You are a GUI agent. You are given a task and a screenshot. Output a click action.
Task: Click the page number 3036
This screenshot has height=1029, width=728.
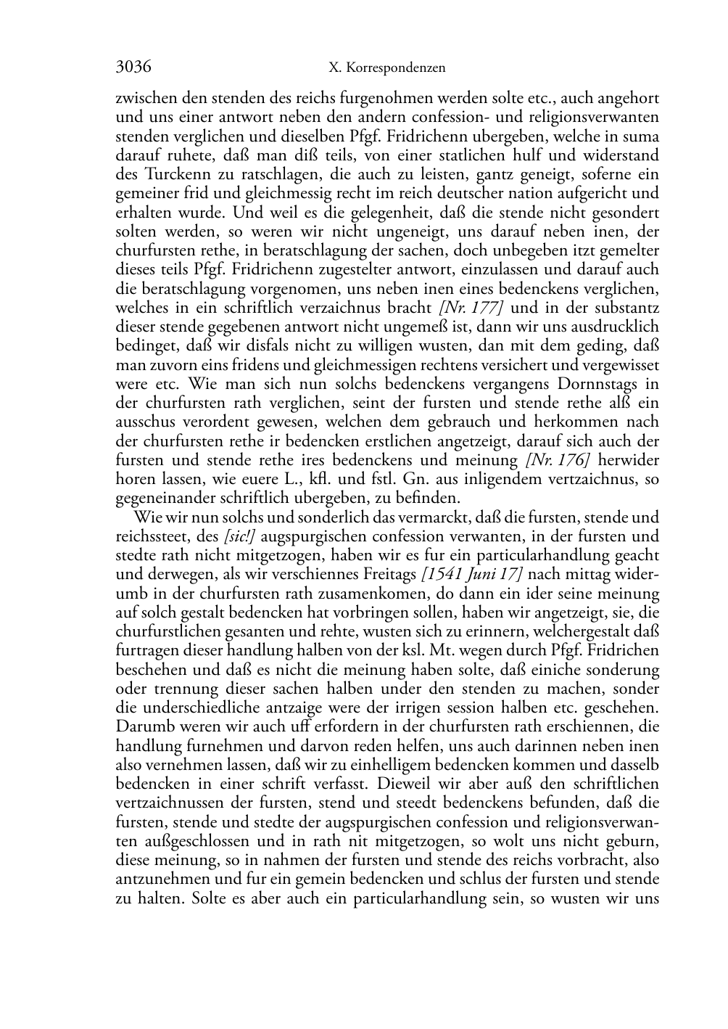pos(133,67)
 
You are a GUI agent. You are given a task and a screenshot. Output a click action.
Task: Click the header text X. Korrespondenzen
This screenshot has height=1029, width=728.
pos(386,68)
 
